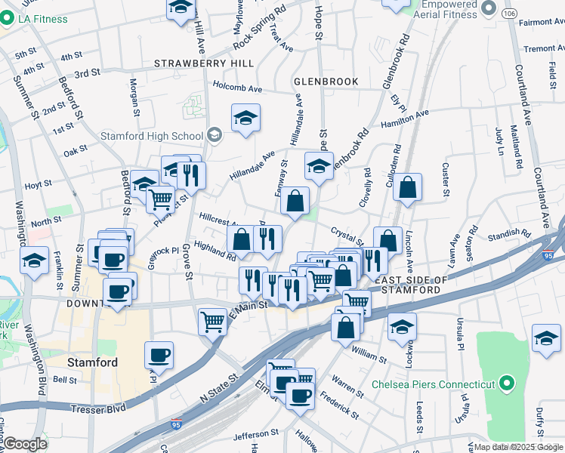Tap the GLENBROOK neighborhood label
click(x=326, y=81)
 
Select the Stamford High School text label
click(x=152, y=136)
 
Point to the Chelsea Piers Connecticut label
click(x=434, y=384)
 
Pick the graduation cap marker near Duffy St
click(x=546, y=338)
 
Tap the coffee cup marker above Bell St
click(x=159, y=355)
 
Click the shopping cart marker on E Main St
click(x=212, y=321)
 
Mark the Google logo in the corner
click(x=26, y=444)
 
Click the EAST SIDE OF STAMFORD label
click(x=407, y=285)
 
